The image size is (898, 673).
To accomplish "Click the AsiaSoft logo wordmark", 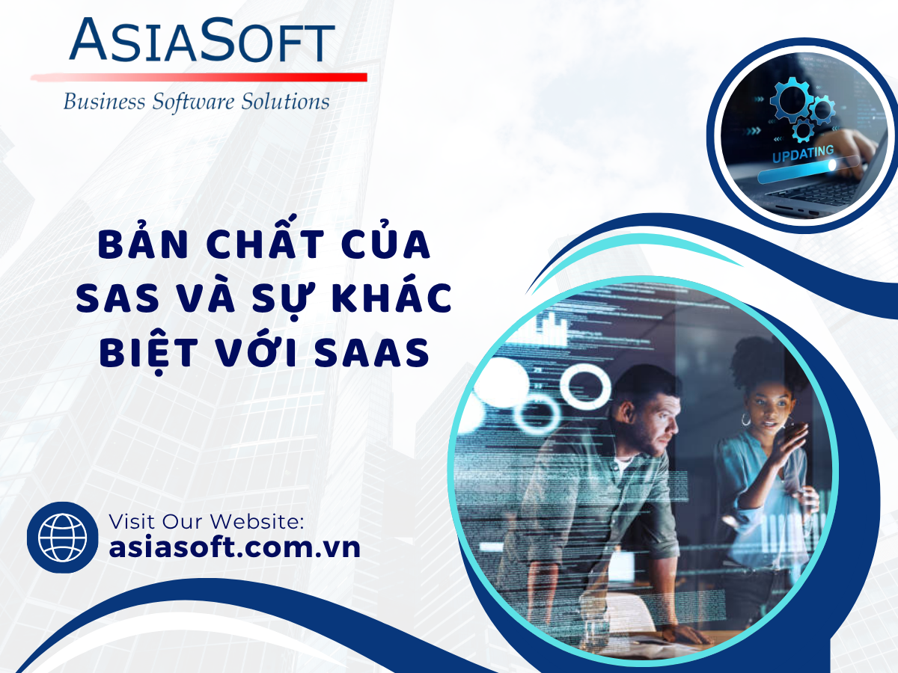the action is pos(202,40).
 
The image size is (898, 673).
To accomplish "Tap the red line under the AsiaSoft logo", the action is pos(199,77).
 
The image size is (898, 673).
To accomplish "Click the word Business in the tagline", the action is pos(104,102).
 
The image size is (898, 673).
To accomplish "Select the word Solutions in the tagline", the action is pos(285,102).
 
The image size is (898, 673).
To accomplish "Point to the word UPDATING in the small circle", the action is pos(803,154).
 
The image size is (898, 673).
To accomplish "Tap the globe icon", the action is pos(62,538).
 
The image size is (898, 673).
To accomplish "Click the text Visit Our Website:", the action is pos(207,522).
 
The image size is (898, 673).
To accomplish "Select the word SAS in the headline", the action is pos(117,298).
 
